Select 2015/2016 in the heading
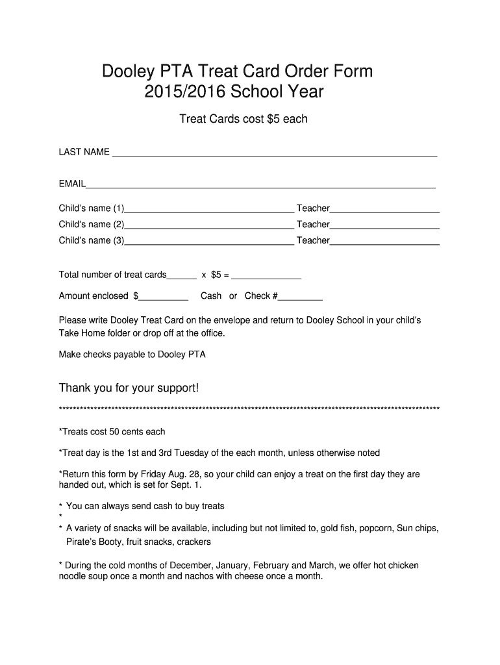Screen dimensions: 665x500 click(184, 93)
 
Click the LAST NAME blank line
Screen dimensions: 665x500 click(274, 153)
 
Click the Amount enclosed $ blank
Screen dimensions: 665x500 click(164, 297)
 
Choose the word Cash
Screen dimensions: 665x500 click(211, 296)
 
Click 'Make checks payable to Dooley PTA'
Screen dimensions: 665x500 click(132, 355)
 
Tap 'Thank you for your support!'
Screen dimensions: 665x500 click(129, 388)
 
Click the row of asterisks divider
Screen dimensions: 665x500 click(249, 409)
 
